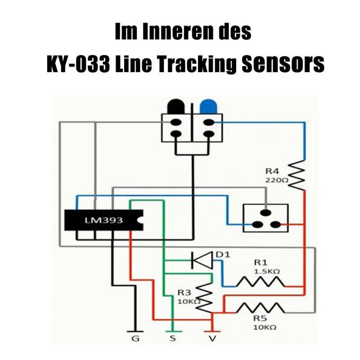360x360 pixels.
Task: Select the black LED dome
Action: pos(176,106)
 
